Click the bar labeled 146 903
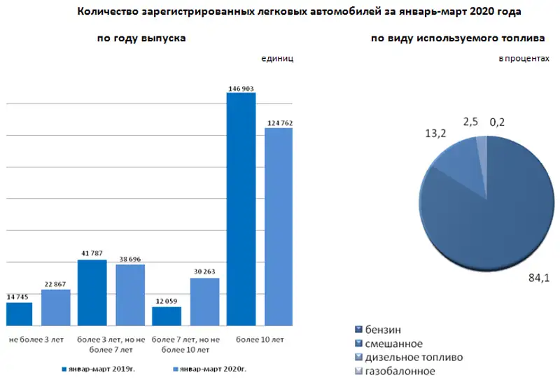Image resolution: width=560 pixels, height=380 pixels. click(241, 209)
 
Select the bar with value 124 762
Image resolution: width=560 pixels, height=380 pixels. click(278, 227)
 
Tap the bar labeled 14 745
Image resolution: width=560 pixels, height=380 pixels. click(20, 314)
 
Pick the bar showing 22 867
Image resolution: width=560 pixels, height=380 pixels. click(56, 308)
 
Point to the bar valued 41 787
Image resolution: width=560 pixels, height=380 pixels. click(92, 293)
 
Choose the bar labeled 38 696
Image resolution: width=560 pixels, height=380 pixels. click(130, 295)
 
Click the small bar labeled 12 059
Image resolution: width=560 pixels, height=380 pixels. click(167, 316)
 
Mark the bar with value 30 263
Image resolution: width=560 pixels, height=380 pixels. click(204, 302)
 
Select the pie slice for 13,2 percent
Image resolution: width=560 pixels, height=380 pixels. click(458, 168)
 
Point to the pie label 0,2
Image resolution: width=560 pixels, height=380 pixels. click(497, 122)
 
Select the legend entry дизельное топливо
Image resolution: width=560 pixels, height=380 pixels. click(409, 357)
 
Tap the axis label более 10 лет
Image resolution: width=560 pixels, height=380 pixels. click(260, 339)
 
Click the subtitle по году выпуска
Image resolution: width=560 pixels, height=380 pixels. click(141, 38)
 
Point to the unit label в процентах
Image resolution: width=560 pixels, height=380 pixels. click(524, 59)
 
